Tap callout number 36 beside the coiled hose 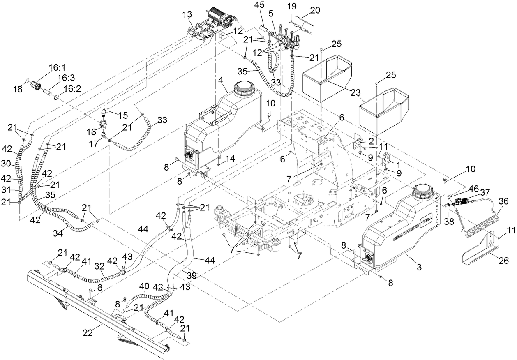504,201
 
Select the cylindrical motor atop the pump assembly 220,16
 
